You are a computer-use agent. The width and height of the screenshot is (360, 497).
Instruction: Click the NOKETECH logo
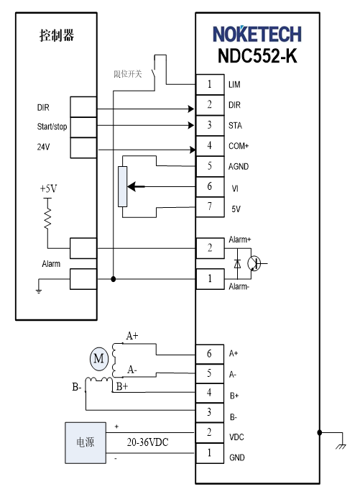(x=257, y=34)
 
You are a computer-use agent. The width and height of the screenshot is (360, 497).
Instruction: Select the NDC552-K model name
(x=257, y=56)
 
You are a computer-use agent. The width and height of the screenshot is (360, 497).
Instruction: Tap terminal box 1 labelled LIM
(x=210, y=84)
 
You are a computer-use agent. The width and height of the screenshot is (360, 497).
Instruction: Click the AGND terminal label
(x=239, y=166)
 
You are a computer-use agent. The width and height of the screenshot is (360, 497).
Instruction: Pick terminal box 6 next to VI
(x=210, y=187)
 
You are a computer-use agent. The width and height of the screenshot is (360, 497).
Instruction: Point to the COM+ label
(x=239, y=146)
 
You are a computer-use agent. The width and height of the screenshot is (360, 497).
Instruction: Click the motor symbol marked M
(x=98, y=358)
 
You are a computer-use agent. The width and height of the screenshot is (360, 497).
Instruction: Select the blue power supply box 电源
(x=86, y=443)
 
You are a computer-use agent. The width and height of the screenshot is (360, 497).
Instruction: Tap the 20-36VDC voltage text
(x=147, y=442)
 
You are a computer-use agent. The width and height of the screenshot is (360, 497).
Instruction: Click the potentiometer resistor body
(x=123, y=187)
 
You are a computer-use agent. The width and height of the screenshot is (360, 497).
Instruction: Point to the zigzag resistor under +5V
(x=48, y=219)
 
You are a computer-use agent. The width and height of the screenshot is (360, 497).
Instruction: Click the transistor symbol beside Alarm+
(x=254, y=263)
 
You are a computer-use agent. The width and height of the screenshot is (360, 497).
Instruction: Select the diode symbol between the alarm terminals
(x=237, y=263)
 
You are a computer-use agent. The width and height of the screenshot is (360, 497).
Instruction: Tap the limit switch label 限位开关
(x=128, y=74)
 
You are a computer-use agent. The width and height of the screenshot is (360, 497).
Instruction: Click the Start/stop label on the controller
(x=52, y=127)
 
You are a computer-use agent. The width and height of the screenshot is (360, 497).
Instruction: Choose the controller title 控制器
(x=57, y=35)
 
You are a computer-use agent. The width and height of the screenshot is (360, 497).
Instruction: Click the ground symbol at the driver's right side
(x=341, y=446)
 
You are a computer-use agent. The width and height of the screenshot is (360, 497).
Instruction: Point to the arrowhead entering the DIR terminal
(x=191, y=109)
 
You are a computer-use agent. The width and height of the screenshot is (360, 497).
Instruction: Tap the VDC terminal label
(x=236, y=437)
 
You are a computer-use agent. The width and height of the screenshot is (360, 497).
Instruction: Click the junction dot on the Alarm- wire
(x=114, y=279)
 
